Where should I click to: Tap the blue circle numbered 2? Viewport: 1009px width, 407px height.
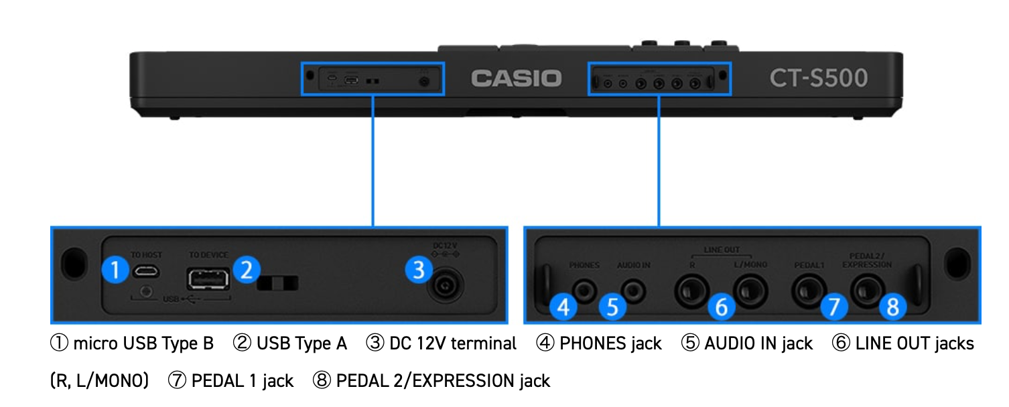[x=246, y=270]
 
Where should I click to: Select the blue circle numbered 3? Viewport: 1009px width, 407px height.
[x=419, y=270]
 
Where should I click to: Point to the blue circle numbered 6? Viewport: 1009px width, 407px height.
[x=721, y=307]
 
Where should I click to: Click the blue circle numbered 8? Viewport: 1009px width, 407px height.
[x=892, y=307]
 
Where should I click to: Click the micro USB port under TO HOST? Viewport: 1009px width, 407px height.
[x=145, y=271]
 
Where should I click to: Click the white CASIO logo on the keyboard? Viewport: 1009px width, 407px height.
[x=515, y=78]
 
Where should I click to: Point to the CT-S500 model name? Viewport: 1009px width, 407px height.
[x=818, y=78]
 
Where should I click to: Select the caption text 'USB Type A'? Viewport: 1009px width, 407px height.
[x=301, y=344]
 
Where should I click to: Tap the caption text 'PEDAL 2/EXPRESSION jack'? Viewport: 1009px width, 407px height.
[x=443, y=381]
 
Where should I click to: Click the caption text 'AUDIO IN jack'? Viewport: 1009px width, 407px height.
[x=758, y=344]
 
